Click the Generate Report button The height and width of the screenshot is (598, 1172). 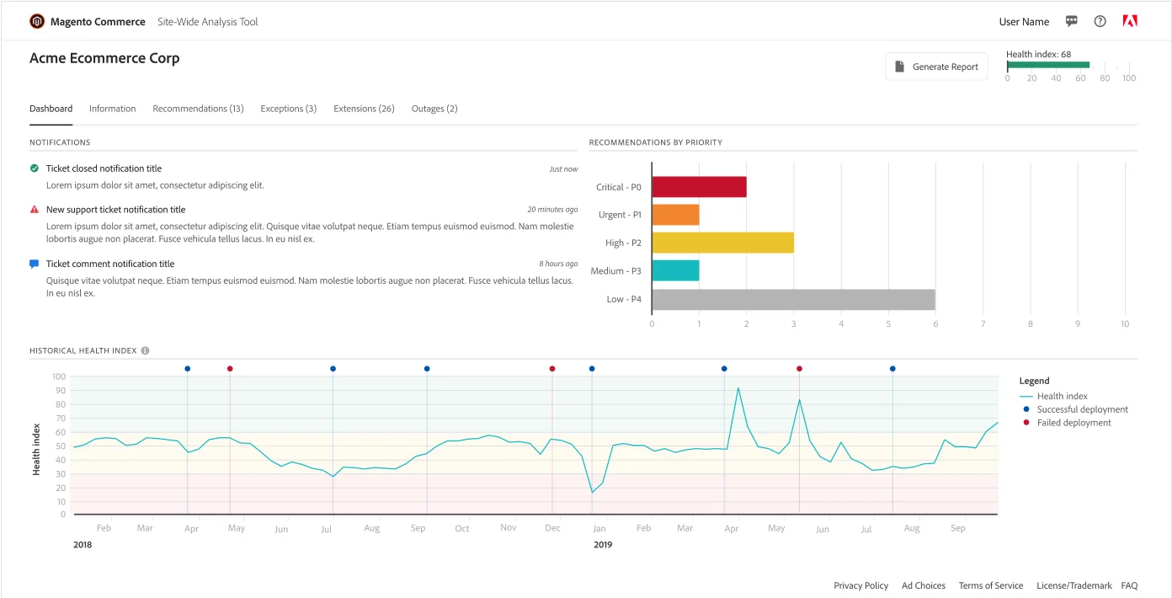coord(936,67)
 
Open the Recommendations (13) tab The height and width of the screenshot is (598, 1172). coord(198,109)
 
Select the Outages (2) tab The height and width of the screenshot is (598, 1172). coord(434,109)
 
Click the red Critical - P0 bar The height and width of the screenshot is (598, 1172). coord(699,187)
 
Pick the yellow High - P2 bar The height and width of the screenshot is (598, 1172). coord(722,243)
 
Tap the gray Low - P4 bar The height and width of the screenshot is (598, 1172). coord(793,299)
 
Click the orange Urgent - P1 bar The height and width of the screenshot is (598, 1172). coord(675,215)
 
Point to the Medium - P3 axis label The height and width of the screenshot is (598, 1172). coord(615,271)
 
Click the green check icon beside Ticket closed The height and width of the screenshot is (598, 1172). coord(35,168)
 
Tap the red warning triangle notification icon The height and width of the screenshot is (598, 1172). coord(35,210)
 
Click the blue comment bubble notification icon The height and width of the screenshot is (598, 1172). coord(35,264)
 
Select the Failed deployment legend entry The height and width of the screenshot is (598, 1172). coord(1073,423)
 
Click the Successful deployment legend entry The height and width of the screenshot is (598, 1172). coord(1082,409)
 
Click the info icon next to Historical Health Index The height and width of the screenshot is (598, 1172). coord(145,350)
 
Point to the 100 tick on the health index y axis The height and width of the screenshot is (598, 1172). coord(59,376)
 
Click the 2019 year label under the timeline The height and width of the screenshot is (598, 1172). coord(603,545)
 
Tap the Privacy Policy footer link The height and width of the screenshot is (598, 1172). coord(860,585)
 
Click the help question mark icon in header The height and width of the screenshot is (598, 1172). coord(1100,22)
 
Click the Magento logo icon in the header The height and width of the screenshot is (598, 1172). coord(37,22)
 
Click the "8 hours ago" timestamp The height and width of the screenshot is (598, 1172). coord(558,264)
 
